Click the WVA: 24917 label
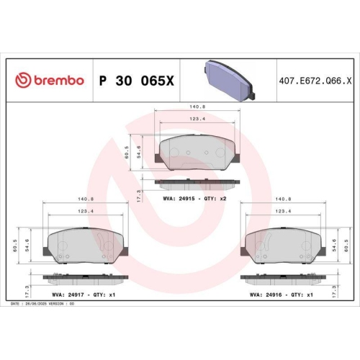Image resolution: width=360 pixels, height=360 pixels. [68, 294]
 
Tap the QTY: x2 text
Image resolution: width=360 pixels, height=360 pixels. [219, 197]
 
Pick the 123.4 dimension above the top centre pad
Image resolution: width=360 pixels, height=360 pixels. [197, 119]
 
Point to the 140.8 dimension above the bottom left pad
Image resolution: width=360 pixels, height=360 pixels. [86, 199]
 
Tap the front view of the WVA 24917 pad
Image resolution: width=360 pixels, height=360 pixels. [85, 246]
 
